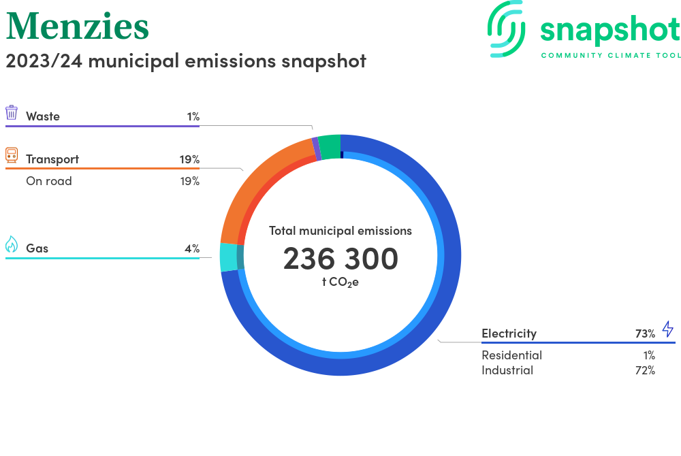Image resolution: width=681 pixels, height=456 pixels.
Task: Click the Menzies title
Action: [78, 26]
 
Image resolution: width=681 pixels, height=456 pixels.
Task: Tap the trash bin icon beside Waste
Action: [12, 112]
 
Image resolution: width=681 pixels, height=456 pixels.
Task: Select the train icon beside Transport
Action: [12, 155]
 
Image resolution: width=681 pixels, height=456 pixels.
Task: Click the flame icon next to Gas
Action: [12, 244]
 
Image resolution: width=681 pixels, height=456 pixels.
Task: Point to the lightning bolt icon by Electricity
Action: [668, 329]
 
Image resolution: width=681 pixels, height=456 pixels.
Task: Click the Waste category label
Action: [42, 116]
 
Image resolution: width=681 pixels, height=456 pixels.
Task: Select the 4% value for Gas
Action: [192, 248]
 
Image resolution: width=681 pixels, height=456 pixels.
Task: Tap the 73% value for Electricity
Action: [645, 333]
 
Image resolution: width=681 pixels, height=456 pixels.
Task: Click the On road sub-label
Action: [48, 181]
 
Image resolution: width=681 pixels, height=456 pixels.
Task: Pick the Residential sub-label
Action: [511, 355]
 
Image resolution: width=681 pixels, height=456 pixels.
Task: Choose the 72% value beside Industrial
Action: [645, 370]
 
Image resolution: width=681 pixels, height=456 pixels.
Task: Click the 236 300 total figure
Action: [340, 259]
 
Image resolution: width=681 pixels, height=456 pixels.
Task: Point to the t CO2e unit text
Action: [340, 282]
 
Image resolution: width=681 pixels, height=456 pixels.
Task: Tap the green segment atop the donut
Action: [330, 147]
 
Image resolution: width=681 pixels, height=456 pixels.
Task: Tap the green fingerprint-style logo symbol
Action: [506, 29]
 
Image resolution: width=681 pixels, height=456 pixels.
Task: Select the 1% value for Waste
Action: [193, 116]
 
